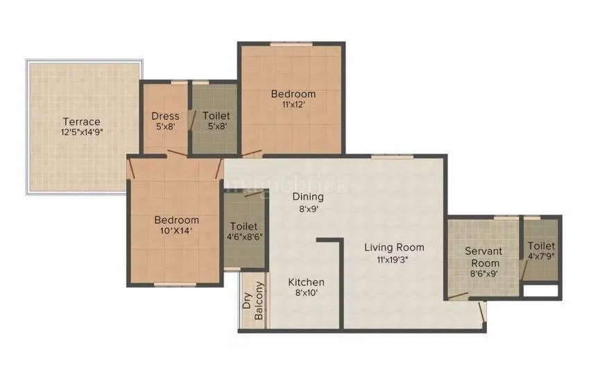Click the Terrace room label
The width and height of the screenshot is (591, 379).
point(82,121)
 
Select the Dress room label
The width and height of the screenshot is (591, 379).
point(165,116)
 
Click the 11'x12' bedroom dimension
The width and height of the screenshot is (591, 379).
point(293,105)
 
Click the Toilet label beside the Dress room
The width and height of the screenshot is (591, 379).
point(216,116)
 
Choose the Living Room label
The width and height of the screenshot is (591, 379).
point(395,247)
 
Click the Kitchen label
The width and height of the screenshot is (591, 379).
point(306,282)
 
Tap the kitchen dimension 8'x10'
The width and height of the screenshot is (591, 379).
point(306,292)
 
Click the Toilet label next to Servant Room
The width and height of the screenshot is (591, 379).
point(540,247)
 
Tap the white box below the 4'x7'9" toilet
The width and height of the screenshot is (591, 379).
point(541,290)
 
